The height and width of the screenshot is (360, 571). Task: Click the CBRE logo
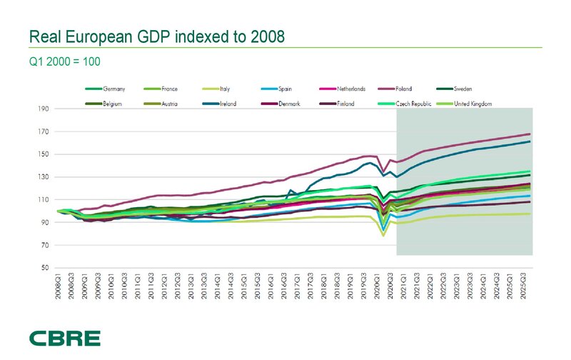tap(65, 337)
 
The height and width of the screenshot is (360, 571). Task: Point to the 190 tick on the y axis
tap(44, 109)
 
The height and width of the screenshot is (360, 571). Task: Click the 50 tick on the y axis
tap(45, 268)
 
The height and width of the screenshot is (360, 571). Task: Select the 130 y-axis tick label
tap(44, 177)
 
